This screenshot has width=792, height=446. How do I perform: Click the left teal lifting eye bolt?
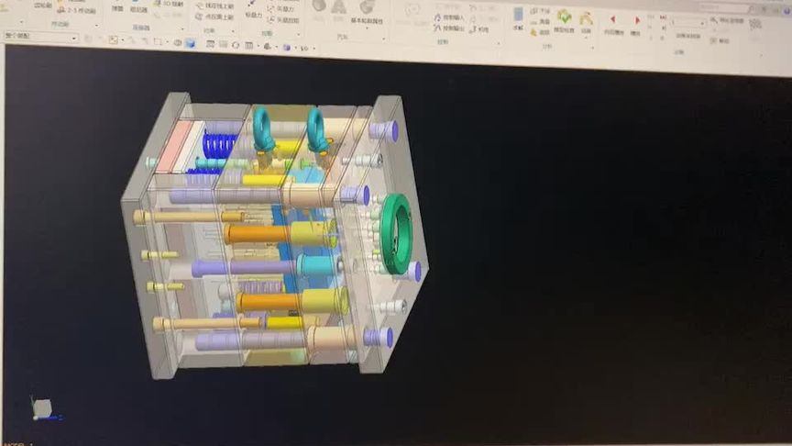tap(261, 129)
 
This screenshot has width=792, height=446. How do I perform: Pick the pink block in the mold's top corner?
tap(174, 146)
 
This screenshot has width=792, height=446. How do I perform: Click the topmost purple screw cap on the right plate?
tap(384, 131)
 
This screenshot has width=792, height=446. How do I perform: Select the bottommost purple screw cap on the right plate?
tap(379, 337)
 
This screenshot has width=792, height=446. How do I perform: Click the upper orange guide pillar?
tap(258, 234)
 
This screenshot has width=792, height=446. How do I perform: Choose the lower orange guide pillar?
tap(267, 302)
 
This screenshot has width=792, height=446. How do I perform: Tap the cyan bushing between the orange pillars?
tap(316, 267)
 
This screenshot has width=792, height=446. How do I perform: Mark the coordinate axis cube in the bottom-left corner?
tap(41, 407)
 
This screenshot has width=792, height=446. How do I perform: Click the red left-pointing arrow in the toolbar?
tap(612, 19)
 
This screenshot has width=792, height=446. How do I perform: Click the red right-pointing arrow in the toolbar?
tap(637, 19)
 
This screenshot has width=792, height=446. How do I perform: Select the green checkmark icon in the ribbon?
tap(564, 17)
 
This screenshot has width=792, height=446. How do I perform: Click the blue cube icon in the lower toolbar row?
tap(190, 42)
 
